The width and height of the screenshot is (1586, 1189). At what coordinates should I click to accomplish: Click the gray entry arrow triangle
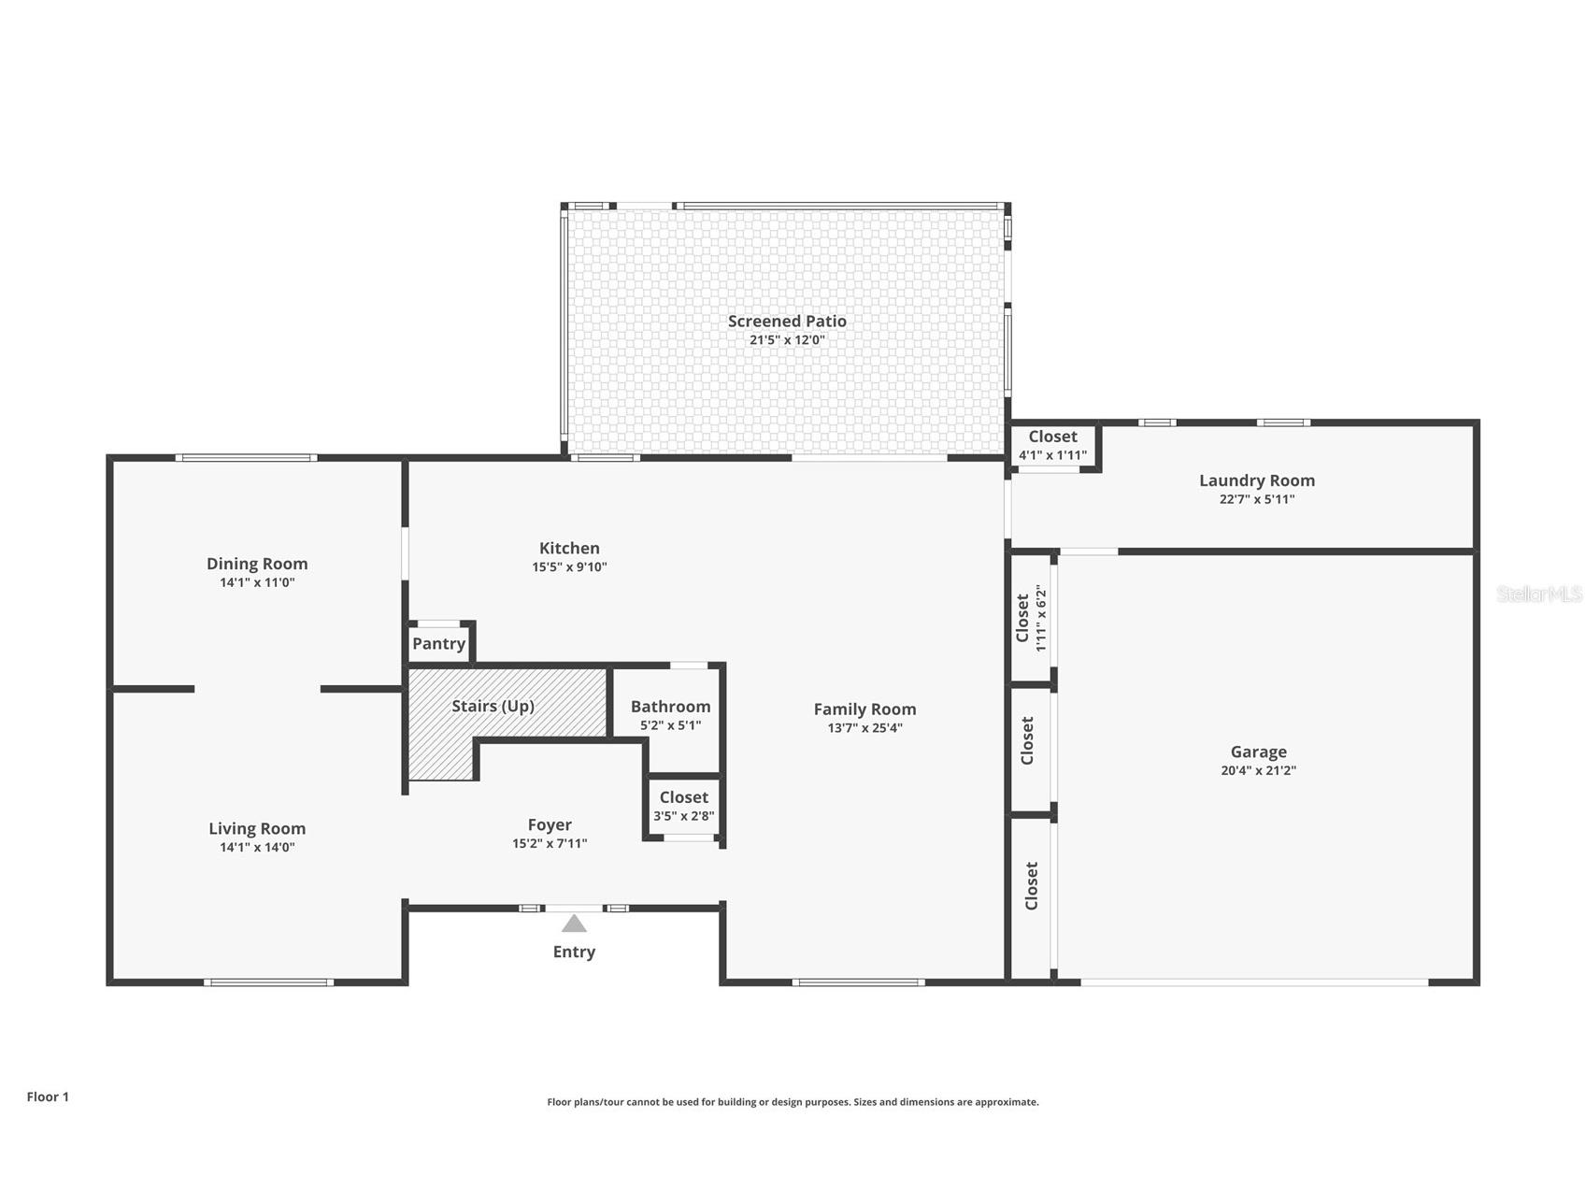(x=574, y=924)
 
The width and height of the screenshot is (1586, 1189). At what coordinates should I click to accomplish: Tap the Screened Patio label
(x=787, y=322)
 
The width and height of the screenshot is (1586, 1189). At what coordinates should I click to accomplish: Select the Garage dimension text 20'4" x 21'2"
(x=1258, y=771)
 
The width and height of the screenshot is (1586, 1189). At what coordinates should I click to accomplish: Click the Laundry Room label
(x=1257, y=480)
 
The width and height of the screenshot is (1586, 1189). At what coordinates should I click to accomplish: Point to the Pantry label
(x=438, y=644)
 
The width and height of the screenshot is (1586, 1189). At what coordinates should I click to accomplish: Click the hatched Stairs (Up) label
(x=493, y=706)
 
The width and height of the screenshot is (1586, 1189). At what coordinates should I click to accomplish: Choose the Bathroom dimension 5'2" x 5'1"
(x=670, y=725)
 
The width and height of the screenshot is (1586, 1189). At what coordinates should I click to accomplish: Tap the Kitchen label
(x=569, y=549)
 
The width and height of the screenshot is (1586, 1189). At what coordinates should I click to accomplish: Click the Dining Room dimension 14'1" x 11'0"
(x=257, y=582)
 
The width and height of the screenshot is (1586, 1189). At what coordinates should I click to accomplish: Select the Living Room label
(x=257, y=829)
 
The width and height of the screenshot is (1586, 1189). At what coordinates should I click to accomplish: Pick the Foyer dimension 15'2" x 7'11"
(x=550, y=843)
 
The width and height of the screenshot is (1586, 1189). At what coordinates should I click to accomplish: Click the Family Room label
(x=864, y=709)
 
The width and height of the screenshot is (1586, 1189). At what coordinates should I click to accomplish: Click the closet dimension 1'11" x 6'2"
(x=1040, y=618)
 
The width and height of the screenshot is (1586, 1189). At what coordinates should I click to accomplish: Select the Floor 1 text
(x=48, y=1096)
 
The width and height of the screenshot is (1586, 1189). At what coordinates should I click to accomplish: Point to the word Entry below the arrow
(x=574, y=952)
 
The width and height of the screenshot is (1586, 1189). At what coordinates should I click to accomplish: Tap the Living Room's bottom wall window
(x=268, y=982)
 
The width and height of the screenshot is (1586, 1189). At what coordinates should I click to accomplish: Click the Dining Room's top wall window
(x=246, y=458)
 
